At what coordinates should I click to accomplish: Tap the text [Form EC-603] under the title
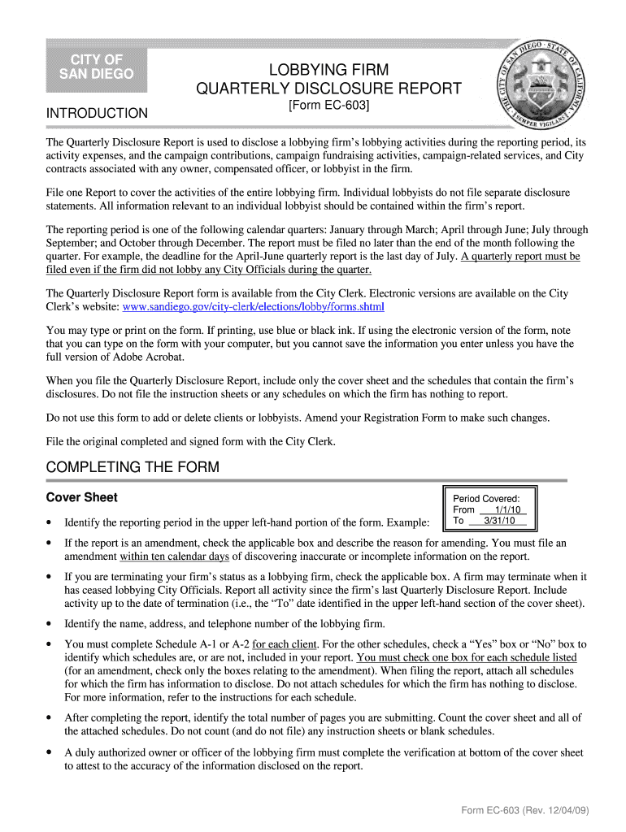pos(329,106)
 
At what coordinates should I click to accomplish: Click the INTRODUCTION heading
pos(97,113)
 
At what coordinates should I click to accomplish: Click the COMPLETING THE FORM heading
pos(133,467)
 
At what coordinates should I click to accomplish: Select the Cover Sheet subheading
pos(82,497)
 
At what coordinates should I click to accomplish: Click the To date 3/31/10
pos(499,521)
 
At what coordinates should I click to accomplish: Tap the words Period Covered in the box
pos(486,499)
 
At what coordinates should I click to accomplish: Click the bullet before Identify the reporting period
pos(50,522)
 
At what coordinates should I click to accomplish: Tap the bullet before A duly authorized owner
pos(50,753)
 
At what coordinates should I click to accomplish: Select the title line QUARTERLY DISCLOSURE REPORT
pos(329,88)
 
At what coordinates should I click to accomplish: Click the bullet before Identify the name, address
pos(50,624)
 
